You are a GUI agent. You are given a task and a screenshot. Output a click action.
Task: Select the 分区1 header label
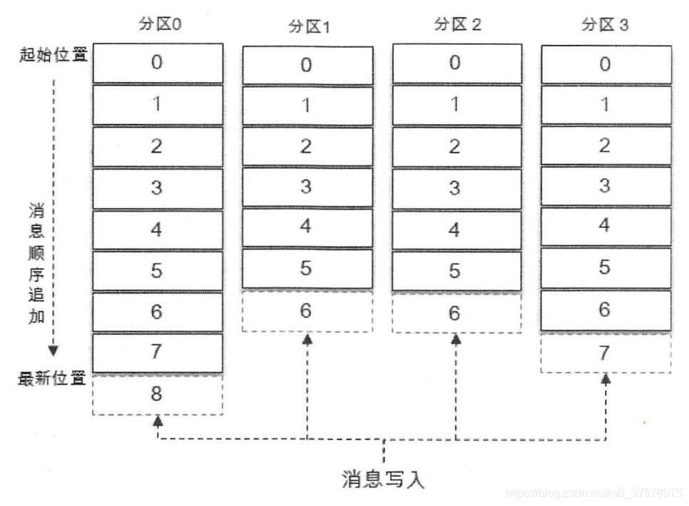(x=309, y=27)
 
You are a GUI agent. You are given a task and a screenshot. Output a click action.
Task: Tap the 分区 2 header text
(x=457, y=24)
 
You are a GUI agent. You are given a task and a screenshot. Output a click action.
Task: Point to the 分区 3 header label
(x=605, y=25)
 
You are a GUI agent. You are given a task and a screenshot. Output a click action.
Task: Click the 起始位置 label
(x=53, y=55)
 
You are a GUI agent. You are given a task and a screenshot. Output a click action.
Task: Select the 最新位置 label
(x=52, y=378)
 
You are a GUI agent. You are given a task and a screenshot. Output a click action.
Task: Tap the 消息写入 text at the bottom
(x=384, y=478)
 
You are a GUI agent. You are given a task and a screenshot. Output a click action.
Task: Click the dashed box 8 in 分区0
(x=157, y=394)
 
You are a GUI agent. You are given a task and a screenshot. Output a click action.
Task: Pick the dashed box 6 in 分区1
(x=307, y=312)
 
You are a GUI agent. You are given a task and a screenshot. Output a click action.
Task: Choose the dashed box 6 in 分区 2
(x=455, y=312)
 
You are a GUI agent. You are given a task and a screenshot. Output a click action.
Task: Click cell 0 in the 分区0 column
(x=157, y=62)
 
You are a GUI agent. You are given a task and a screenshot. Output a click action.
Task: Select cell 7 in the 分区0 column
(x=157, y=352)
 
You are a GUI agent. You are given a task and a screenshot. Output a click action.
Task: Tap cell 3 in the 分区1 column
(x=307, y=187)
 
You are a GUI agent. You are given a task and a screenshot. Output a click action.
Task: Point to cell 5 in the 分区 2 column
(x=455, y=271)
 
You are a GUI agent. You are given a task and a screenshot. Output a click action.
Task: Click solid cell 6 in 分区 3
(x=605, y=311)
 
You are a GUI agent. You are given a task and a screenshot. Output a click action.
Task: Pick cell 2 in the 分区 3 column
(x=605, y=145)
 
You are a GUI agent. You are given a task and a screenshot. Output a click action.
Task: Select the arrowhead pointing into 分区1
(x=307, y=339)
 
